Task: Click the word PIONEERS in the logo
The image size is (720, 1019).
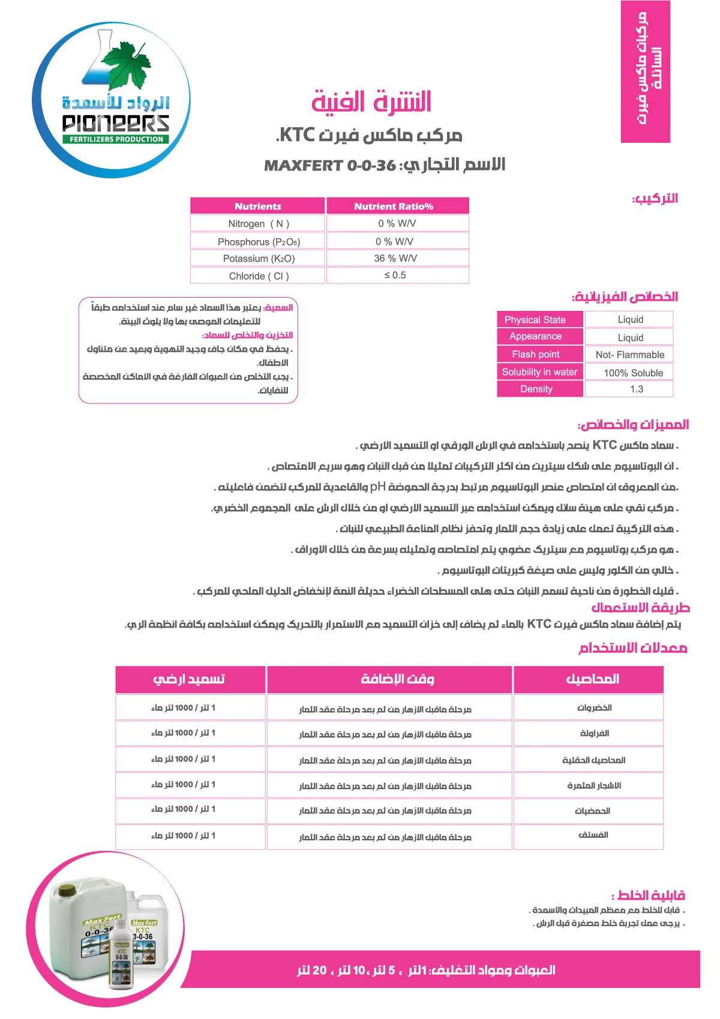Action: click(116, 124)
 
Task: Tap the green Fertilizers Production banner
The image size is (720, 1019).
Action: click(116, 139)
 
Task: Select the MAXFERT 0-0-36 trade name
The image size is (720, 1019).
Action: click(330, 165)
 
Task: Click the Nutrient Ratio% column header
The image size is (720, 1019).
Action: click(394, 206)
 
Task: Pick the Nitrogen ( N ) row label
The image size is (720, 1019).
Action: click(259, 224)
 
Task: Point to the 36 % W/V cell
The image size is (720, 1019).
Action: click(395, 258)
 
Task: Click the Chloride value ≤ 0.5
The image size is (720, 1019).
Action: click(395, 275)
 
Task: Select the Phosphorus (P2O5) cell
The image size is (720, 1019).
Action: click(259, 242)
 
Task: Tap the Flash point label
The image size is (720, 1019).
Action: click(536, 355)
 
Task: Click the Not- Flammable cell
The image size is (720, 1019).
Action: click(630, 355)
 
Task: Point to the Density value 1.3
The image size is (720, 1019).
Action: click(637, 389)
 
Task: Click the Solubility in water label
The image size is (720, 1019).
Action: click(539, 372)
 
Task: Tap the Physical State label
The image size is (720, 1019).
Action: click(535, 320)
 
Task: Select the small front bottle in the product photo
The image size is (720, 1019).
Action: click(121, 954)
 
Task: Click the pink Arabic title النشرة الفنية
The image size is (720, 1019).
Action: click(371, 102)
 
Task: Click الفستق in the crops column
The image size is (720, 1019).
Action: click(593, 835)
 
